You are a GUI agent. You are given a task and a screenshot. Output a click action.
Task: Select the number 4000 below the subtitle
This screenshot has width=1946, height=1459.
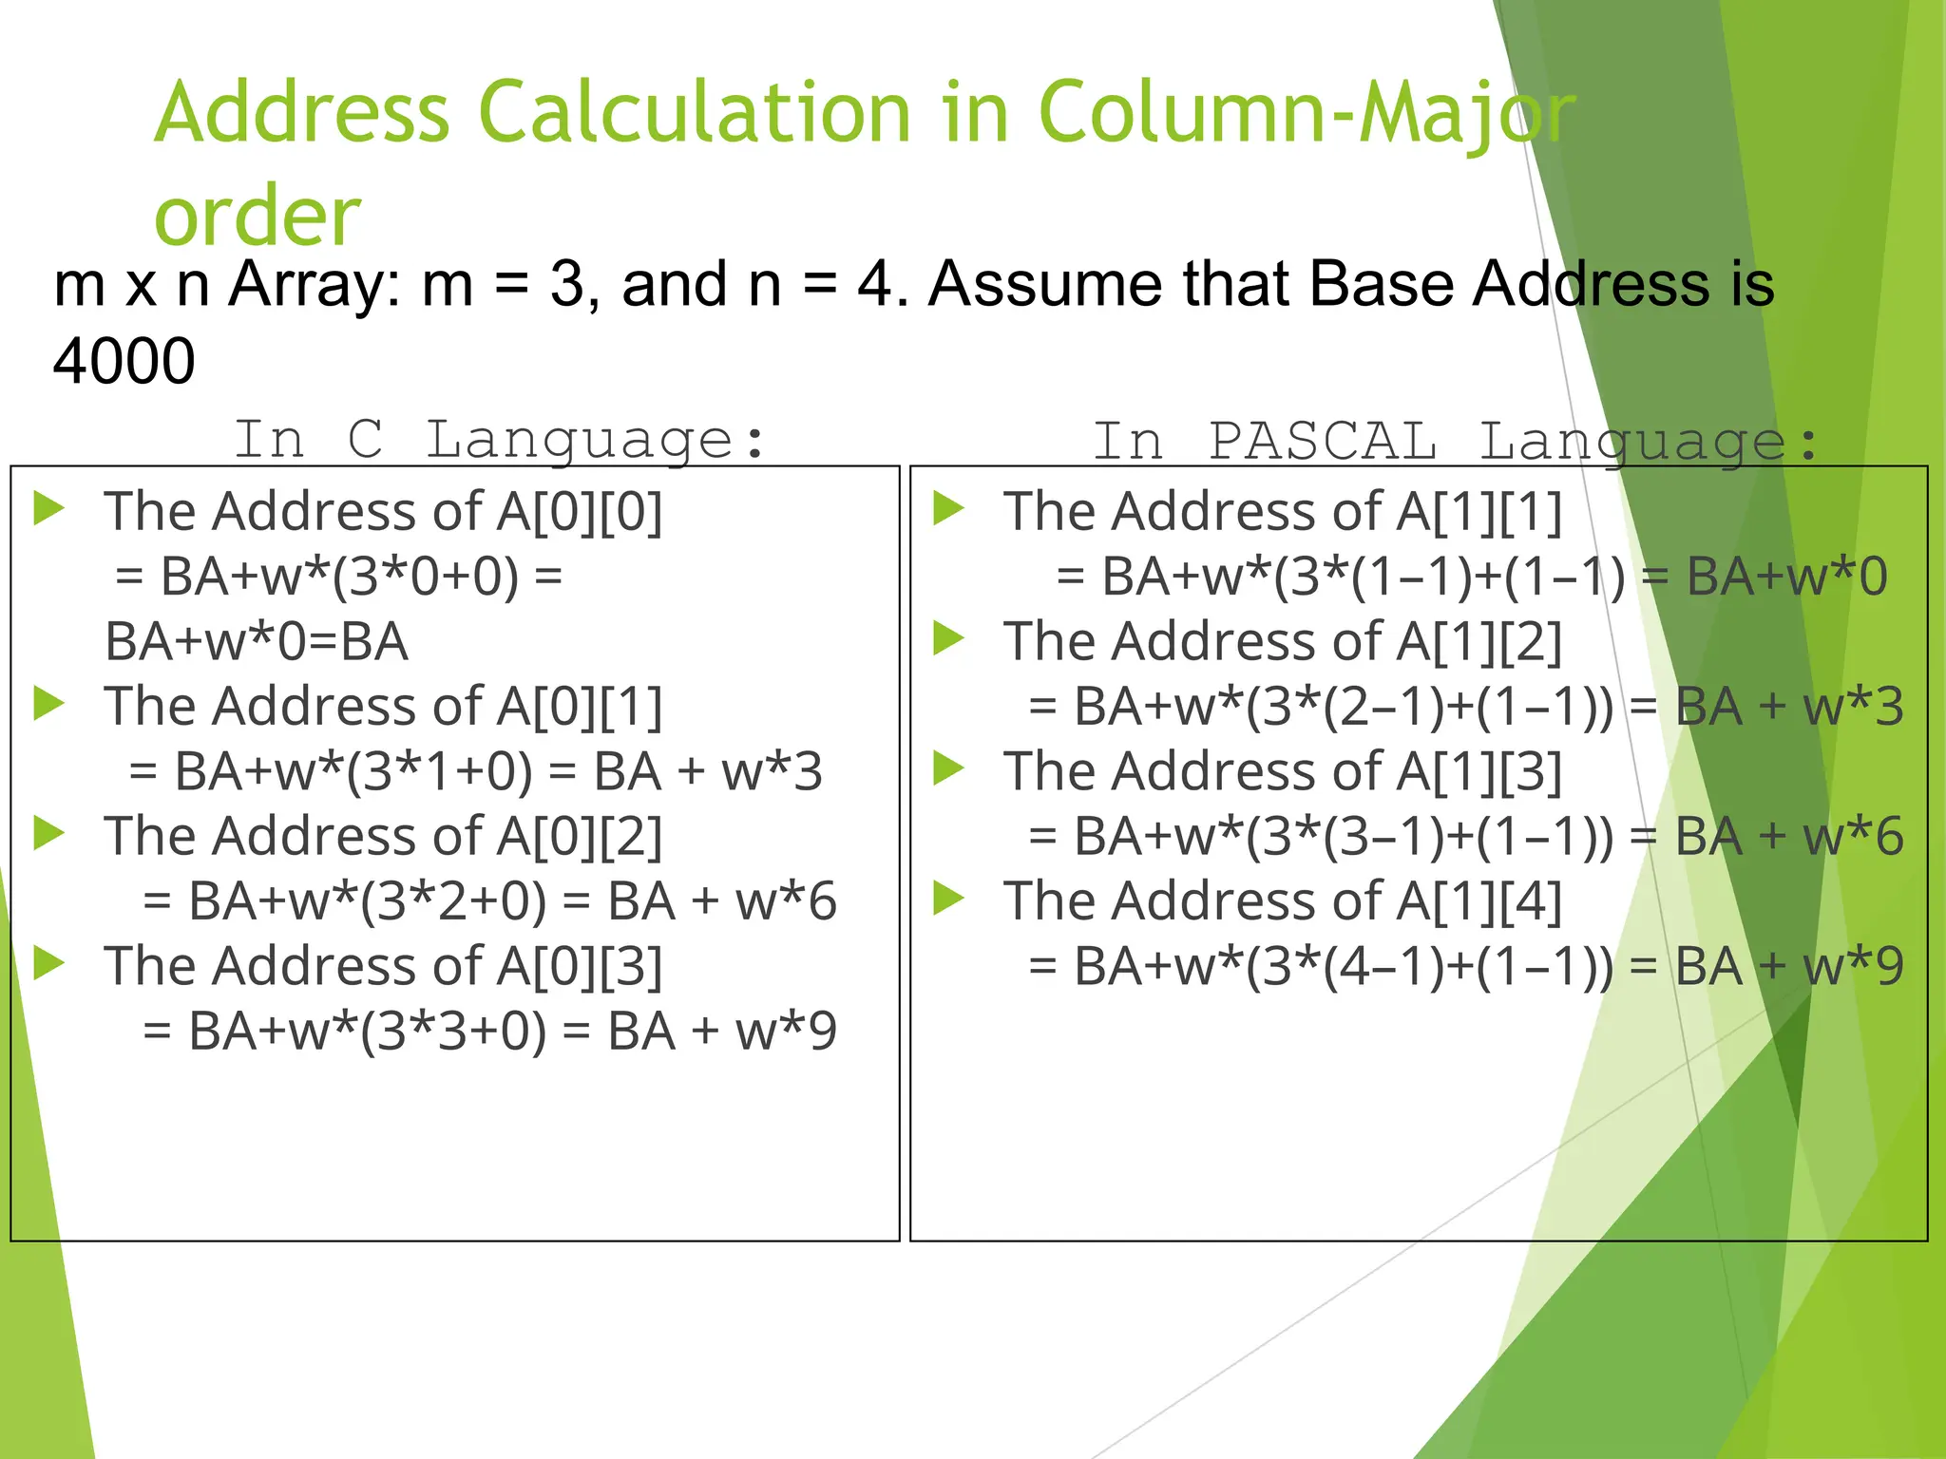pyautogui.click(x=124, y=361)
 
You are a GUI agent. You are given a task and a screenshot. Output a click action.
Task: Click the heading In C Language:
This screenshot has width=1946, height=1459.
pyautogui.click(x=500, y=440)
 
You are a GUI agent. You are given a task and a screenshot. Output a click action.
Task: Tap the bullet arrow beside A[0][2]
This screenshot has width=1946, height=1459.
pyautogui.click(x=48, y=833)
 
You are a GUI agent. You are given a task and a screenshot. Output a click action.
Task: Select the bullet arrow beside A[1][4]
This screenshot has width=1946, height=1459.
pyautogui.click(x=948, y=898)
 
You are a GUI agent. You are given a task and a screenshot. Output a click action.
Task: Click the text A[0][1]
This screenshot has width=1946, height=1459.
pyautogui.click(x=579, y=707)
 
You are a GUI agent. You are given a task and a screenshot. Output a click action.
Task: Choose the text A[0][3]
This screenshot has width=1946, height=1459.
pyautogui.click(x=579, y=966)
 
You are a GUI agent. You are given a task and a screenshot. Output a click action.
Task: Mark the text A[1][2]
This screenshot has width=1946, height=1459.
pyautogui.click(x=1479, y=641)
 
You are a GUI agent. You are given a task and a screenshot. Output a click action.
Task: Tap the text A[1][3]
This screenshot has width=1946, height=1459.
pyautogui.click(x=1479, y=771)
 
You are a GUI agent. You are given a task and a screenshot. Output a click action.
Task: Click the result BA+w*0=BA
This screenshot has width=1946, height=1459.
pyautogui.click(x=257, y=641)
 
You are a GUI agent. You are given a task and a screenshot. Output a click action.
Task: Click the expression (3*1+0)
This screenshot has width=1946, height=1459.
pyautogui.click(x=440, y=771)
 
